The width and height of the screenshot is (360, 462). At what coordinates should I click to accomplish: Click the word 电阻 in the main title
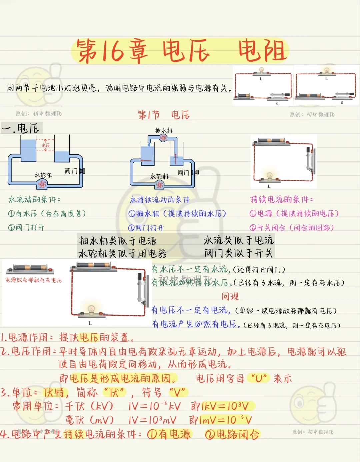(x=263, y=51)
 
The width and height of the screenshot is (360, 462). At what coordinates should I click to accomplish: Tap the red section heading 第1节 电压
(x=164, y=115)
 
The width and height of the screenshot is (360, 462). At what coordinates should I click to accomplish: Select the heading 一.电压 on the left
(x=21, y=128)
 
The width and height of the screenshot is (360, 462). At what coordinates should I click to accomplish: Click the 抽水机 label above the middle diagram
(x=164, y=131)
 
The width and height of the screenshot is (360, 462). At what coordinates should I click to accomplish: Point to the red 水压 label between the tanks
(x=45, y=145)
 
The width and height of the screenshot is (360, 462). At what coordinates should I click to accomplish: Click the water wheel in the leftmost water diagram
(x=42, y=184)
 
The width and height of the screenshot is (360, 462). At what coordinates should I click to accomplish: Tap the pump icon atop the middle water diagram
(x=163, y=138)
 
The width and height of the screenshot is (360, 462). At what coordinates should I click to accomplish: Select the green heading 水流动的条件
(x=34, y=200)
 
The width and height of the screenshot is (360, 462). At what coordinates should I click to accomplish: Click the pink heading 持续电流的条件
(x=281, y=200)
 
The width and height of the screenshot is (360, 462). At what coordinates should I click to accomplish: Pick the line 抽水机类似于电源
(x=118, y=241)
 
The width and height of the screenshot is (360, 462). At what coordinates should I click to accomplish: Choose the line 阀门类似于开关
(x=239, y=253)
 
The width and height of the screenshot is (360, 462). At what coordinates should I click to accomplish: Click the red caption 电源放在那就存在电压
(x=34, y=280)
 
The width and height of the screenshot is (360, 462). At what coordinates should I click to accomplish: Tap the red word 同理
(x=230, y=296)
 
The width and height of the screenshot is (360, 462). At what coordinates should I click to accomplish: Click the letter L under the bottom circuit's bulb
(x=90, y=323)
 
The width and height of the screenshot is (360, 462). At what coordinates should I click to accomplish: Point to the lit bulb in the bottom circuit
(x=91, y=309)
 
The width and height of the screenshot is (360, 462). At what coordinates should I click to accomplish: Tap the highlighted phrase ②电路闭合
(x=232, y=434)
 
